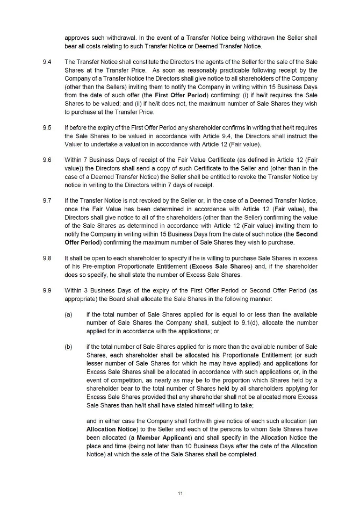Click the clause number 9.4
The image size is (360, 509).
pos(47,62)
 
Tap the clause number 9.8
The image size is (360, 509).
pos(47,259)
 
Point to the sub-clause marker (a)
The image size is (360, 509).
pos(68,314)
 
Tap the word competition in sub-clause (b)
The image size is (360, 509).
pos(117,379)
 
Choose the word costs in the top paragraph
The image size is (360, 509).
pos(87,46)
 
